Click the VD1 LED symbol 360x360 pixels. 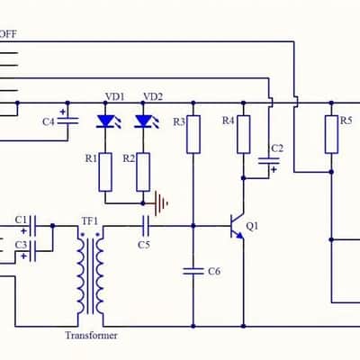pyautogui.click(x=106, y=121)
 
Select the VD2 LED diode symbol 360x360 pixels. pyautogui.click(x=144, y=121)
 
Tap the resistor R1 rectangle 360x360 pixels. pyautogui.click(x=105, y=172)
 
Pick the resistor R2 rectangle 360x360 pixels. pyautogui.click(x=143, y=172)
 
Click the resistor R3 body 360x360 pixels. pyautogui.click(x=193, y=134)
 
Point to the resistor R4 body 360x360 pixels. pyautogui.click(x=244, y=134)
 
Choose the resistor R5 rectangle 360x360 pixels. pyautogui.click(x=331, y=134)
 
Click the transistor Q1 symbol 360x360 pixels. pyautogui.click(x=237, y=227)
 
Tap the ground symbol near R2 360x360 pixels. pyautogui.click(x=160, y=203)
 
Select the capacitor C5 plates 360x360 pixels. pyautogui.click(x=146, y=226)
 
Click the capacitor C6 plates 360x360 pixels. pyautogui.click(x=193, y=271)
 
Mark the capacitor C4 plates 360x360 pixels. pyautogui.click(x=67, y=121)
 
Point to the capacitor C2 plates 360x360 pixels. pyautogui.click(x=269, y=161)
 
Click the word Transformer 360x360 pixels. pyautogui.click(x=92, y=336)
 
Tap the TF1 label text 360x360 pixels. pyautogui.click(x=90, y=221)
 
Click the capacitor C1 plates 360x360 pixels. pyautogui.click(x=33, y=226)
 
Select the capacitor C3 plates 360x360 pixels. pyautogui.click(x=33, y=251)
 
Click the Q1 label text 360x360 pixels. pyautogui.click(x=252, y=227)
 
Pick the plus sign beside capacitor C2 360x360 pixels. pyautogui.click(x=274, y=169)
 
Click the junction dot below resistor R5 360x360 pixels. pyautogui.click(x=331, y=172)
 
